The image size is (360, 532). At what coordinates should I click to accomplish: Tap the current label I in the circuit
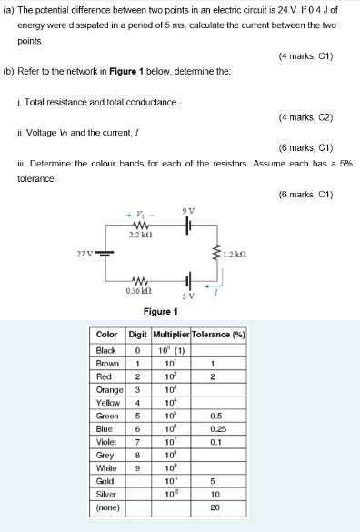(x=216, y=293)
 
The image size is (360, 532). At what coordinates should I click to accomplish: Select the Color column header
(x=110, y=334)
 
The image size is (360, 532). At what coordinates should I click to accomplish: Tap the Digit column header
(x=138, y=334)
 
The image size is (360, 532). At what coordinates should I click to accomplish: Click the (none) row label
(x=110, y=509)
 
